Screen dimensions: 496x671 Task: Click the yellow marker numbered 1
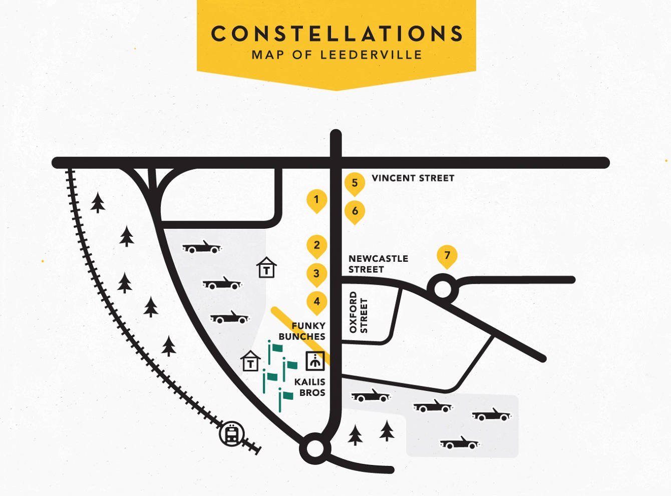coord(316,200)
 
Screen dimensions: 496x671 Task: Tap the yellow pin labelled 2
coord(316,246)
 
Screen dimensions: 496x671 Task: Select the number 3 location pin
coord(316,274)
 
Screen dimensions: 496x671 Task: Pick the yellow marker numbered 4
coord(316,302)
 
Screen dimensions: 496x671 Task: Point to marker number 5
coord(355,183)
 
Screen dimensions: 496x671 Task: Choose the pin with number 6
coord(355,211)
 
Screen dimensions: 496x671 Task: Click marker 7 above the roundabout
coord(447,256)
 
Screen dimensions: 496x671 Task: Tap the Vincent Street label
coord(413,178)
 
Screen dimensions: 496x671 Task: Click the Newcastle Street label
coord(378,264)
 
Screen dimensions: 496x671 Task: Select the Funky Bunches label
coord(302,331)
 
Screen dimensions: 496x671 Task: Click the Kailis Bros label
coord(310,387)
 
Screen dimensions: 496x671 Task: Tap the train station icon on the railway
coord(231,434)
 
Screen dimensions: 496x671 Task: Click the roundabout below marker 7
coord(443,289)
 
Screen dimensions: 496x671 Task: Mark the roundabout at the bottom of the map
coord(315,448)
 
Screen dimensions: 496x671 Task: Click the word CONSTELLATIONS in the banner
coord(337,34)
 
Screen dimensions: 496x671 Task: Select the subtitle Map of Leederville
coord(337,55)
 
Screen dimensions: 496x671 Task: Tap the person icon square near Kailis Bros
coord(315,360)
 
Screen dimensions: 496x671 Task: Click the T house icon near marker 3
coord(266,268)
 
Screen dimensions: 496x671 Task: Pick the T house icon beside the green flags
coord(250,361)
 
